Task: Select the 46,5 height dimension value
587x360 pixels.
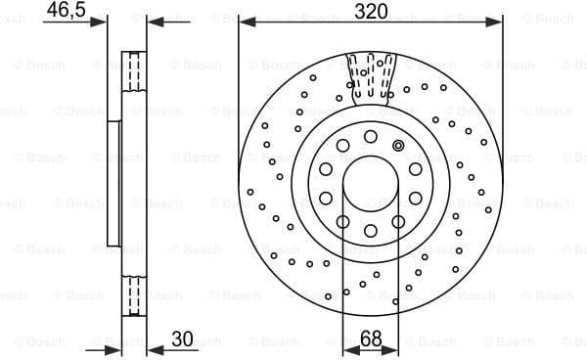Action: pyautogui.click(x=64, y=12)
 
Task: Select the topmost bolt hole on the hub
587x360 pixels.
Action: pyautogui.click(x=372, y=136)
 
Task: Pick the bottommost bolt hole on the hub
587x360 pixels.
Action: pyautogui.click(x=372, y=231)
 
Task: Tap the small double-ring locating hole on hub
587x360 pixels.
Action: pyautogui.click(x=398, y=145)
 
